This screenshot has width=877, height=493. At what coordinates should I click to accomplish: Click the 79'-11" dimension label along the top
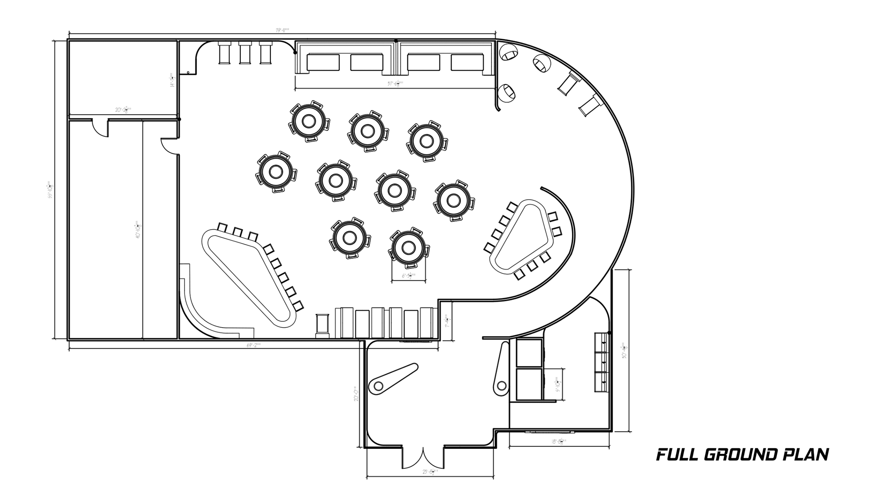pyautogui.click(x=283, y=31)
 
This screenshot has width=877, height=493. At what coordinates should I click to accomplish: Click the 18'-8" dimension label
pyautogui.click(x=558, y=441)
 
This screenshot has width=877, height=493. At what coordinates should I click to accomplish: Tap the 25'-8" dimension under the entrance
pyautogui.click(x=430, y=472)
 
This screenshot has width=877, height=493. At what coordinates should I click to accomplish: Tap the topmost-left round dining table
pyautogui.click(x=309, y=121)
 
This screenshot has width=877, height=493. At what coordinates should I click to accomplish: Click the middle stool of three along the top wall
pyautogui.click(x=245, y=53)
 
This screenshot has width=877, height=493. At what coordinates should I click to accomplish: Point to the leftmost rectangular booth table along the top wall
pyautogui.click(x=323, y=63)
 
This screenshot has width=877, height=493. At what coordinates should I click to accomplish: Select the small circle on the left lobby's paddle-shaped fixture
pyautogui.click(x=378, y=386)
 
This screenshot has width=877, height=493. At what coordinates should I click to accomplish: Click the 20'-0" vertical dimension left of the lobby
pyautogui.click(x=356, y=393)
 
